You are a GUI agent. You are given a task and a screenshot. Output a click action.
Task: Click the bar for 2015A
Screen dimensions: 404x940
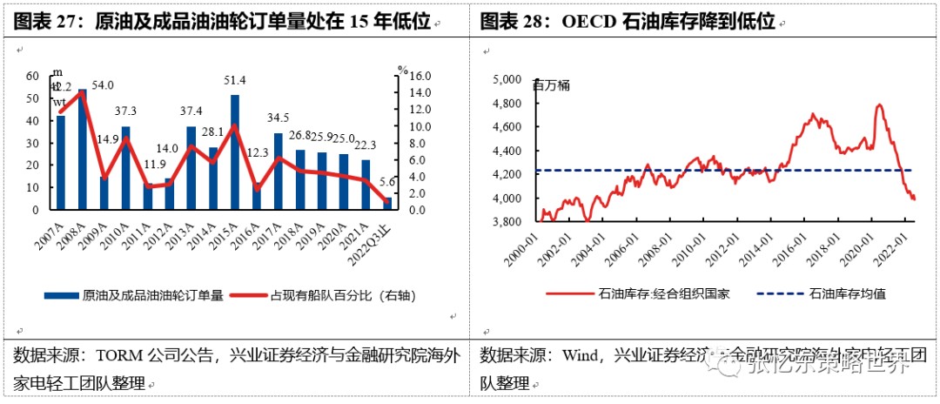(x=235, y=152)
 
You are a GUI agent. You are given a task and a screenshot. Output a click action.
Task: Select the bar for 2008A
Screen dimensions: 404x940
(x=83, y=149)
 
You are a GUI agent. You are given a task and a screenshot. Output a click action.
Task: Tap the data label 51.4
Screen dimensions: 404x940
(x=235, y=81)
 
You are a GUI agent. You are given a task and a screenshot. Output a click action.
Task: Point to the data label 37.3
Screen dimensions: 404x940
(x=126, y=111)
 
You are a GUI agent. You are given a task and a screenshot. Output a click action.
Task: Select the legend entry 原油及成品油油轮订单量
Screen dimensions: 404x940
(x=146, y=295)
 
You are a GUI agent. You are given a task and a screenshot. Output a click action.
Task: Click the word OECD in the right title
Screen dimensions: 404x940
(x=583, y=21)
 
